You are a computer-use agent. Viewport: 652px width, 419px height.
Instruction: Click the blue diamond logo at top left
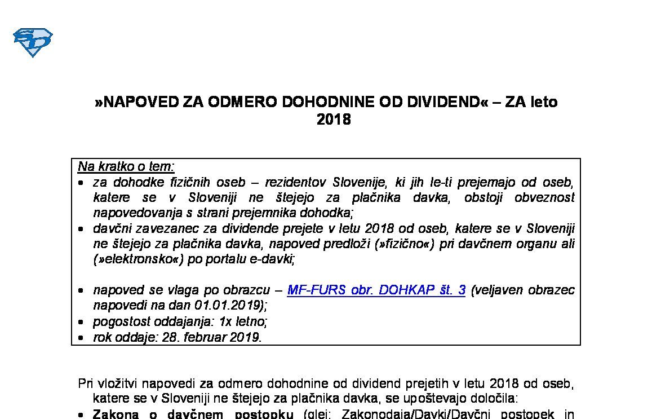33,43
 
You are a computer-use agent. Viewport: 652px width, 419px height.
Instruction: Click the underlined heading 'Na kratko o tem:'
126,167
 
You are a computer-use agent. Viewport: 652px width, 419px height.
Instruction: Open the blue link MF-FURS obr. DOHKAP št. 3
376,290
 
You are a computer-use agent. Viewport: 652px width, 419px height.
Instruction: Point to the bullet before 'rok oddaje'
82,338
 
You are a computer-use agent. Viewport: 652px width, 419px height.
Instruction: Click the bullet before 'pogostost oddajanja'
82,323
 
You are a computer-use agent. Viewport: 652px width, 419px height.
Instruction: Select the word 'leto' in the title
543,102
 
